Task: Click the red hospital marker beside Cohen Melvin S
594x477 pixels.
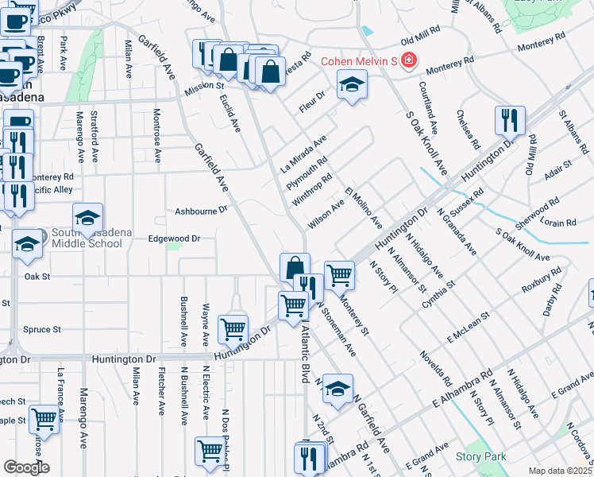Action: pos(408,61)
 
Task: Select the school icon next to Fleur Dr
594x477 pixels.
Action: pos(349,84)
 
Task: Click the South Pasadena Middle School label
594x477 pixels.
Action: pos(77,238)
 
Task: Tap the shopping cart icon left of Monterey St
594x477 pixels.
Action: pos(339,275)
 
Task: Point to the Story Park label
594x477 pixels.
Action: pos(481,456)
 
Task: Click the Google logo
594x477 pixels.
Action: pos(26,467)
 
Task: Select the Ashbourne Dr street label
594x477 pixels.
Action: pos(202,211)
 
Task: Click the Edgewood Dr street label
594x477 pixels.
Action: pos(174,238)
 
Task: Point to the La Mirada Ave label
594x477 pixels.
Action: pos(304,154)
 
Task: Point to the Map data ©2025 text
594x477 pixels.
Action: pos(561,471)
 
